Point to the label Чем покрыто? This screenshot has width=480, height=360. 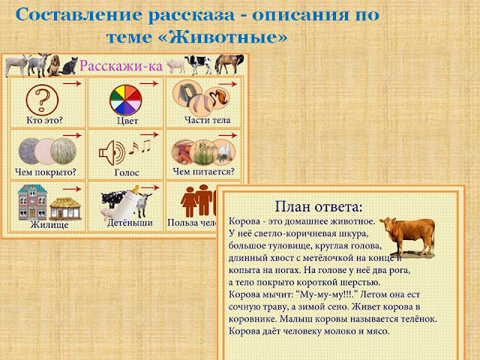pyautogui.click(x=46, y=171)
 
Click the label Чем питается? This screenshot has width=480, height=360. pyautogui.click(x=203, y=171)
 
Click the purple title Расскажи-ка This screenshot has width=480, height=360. pyautogui.click(x=121, y=65)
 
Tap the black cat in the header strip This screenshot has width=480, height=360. pyautogui.click(x=68, y=67)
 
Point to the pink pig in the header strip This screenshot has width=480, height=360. pyautogui.click(x=175, y=66)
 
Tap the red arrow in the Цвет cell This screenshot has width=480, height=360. pyautogui.click(x=149, y=85)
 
